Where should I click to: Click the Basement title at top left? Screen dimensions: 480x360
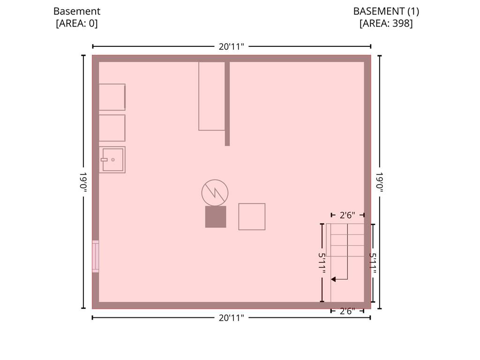77,11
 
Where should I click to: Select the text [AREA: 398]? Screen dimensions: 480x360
386,23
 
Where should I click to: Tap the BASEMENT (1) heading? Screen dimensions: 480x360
386,11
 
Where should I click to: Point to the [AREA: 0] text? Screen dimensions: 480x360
77,23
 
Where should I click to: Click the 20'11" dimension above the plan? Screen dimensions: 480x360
232,46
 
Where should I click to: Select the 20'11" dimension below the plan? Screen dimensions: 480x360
232,318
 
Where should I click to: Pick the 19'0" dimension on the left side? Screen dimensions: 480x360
83,182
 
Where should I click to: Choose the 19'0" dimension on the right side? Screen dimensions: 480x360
380,182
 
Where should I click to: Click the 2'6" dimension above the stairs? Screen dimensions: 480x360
347,215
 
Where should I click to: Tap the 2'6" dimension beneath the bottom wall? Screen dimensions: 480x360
347,311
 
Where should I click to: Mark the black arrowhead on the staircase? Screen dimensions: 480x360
333,279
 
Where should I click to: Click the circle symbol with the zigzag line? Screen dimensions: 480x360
215,193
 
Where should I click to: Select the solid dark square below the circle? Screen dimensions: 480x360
216,217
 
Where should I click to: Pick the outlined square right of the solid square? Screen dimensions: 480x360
252,217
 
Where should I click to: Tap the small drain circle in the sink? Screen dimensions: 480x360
113,160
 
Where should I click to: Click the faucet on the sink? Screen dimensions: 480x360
104,160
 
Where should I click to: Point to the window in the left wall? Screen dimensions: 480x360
96,256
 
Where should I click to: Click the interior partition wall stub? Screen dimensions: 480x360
227,104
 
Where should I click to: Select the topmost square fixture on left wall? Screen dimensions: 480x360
112,97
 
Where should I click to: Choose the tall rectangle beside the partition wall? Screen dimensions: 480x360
212,96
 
